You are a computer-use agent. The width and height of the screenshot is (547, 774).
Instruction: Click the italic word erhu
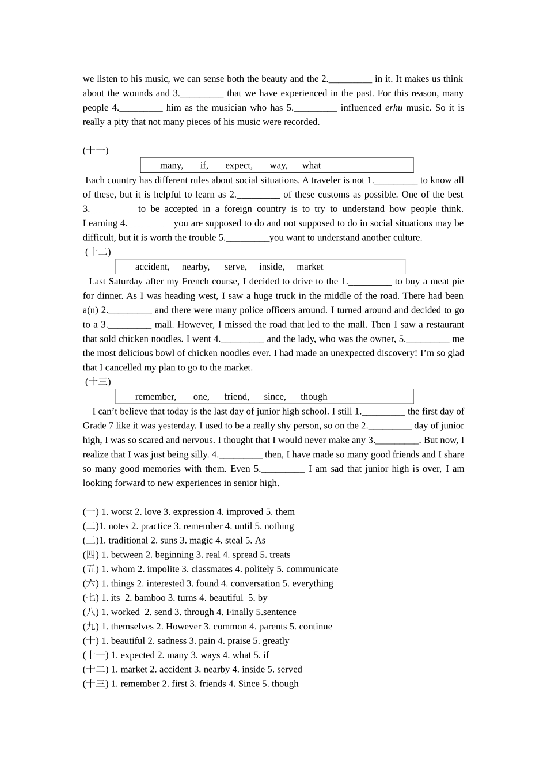tap(394, 108)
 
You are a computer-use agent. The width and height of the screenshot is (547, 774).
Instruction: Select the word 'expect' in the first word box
tap(238, 165)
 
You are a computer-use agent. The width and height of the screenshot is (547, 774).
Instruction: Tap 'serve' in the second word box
tap(235, 267)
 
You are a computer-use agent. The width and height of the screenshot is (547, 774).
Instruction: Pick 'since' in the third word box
tap(274, 397)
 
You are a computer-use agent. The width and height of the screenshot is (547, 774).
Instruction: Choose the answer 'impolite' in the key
tap(163, 569)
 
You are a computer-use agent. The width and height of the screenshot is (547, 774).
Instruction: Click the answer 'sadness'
tap(172, 641)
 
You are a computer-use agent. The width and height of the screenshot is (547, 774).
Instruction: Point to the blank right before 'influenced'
tap(315, 108)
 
